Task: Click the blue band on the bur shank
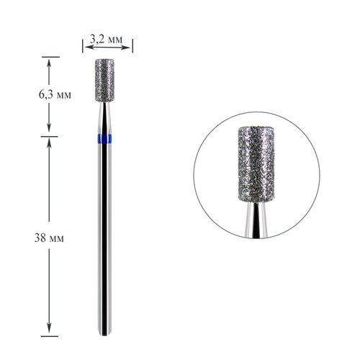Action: point(106,138)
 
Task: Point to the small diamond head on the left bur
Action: point(106,76)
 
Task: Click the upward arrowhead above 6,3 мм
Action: point(49,60)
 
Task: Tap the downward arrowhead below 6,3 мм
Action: point(49,132)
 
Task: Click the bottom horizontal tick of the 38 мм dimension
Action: point(49,336)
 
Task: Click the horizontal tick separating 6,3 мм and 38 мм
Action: point(49,137)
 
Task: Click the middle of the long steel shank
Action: point(106,238)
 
